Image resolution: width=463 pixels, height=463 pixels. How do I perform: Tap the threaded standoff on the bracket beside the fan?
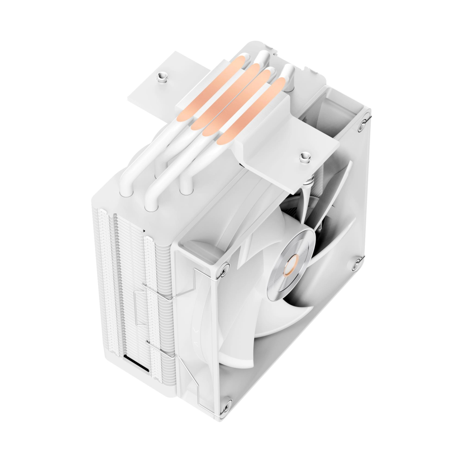(304, 158)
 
